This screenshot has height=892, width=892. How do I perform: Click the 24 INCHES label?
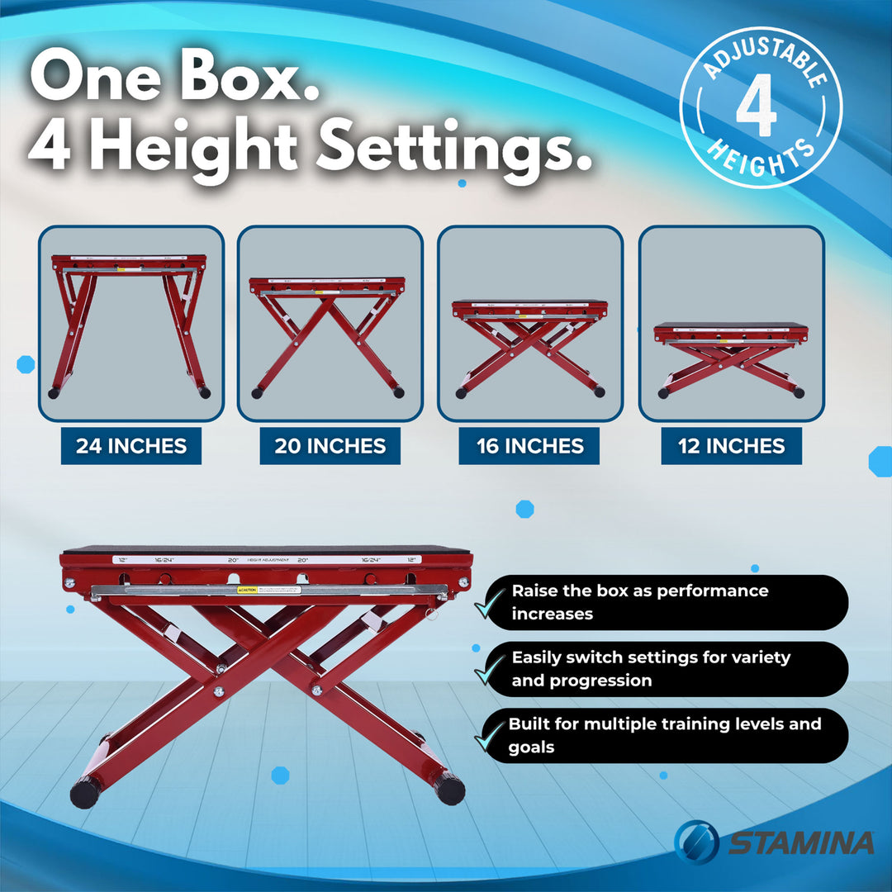(x=131, y=447)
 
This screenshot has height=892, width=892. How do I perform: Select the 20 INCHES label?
(x=330, y=447)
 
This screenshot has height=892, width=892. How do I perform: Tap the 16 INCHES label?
(x=529, y=447)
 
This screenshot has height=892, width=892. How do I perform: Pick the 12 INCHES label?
(x=731, y=447)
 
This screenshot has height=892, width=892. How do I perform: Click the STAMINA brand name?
(x=799, y=843)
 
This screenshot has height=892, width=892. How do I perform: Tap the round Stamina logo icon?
(x=696, y=842)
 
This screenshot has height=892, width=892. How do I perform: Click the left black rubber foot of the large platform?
(x=84, y=793)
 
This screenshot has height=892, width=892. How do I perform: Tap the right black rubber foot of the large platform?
(x=450, y=789)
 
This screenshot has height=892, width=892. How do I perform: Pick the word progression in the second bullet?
(x=581, y=681)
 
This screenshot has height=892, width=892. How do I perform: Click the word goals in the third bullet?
(x=532, y=747)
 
